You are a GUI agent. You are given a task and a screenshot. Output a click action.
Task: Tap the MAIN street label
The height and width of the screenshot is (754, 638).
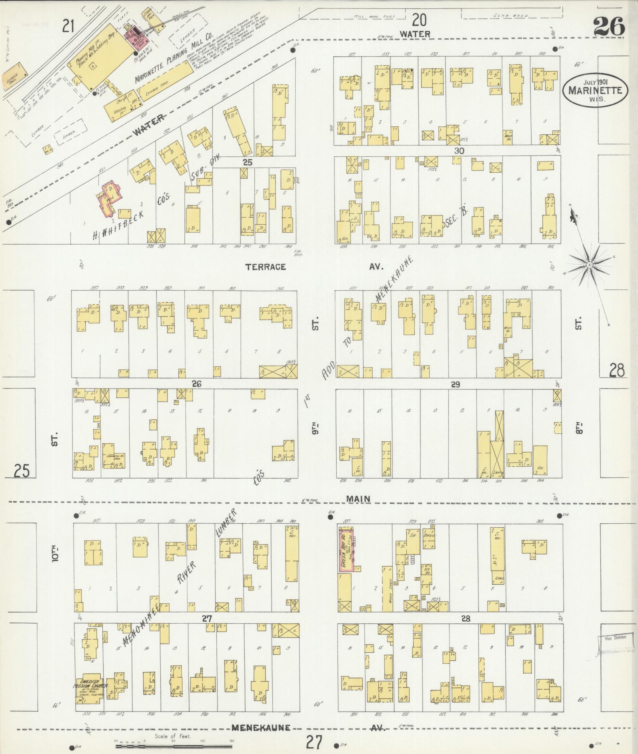point(358,499)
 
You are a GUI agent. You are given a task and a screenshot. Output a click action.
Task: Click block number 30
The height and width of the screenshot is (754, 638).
point(459,151)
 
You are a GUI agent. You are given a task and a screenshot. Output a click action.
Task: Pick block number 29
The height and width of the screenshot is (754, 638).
point(455,385)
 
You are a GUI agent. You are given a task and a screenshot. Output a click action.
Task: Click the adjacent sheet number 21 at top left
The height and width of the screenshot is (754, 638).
point(68,27)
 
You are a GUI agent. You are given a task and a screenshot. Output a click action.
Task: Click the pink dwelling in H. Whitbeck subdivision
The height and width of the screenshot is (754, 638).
point(108,196)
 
